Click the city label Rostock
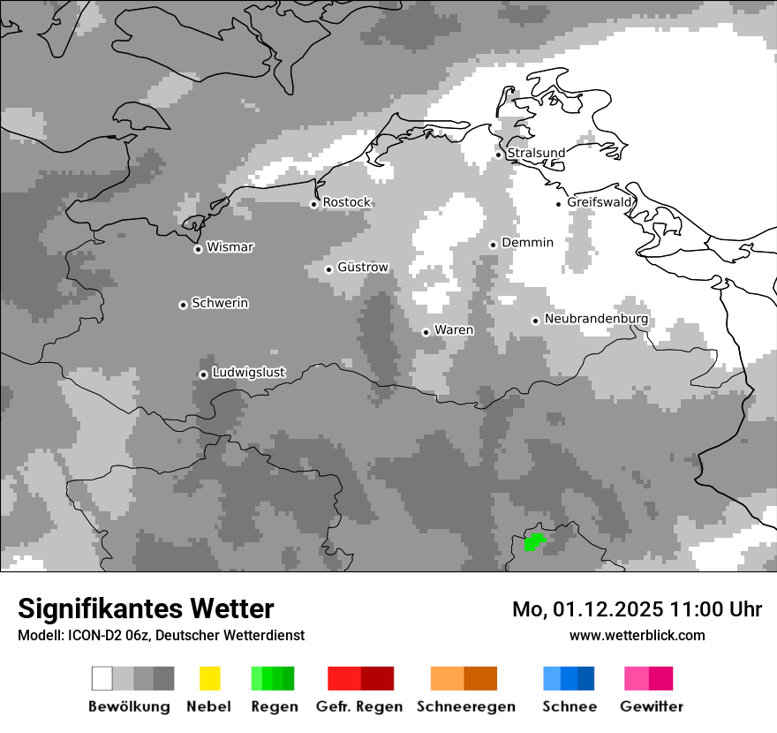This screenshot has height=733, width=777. coord(346,202)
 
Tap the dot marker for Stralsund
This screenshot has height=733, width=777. coord(498,155)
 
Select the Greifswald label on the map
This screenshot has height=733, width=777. coord(600,202)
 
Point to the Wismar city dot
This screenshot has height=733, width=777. coord(198,249)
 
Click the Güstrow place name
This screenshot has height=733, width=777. coord(362,267)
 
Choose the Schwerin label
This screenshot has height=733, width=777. coord(220,303)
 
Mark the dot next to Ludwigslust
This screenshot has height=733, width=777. coord(203,374)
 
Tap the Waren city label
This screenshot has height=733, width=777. coord(454,329)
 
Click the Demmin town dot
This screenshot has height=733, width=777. coord(493,245)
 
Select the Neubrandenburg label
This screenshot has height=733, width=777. coord(596,319)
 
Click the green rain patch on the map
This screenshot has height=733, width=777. coord(533,540)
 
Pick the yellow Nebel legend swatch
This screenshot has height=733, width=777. coord(210,678)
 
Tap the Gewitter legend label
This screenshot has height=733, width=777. coord(652,707)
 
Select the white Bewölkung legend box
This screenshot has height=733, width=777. coord(102,678)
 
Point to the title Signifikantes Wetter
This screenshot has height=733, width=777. coord(146,608)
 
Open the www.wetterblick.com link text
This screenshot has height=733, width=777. coord(637,635)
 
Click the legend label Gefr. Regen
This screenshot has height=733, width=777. coord(359,707)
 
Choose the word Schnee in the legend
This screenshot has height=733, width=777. coord(570,707)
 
